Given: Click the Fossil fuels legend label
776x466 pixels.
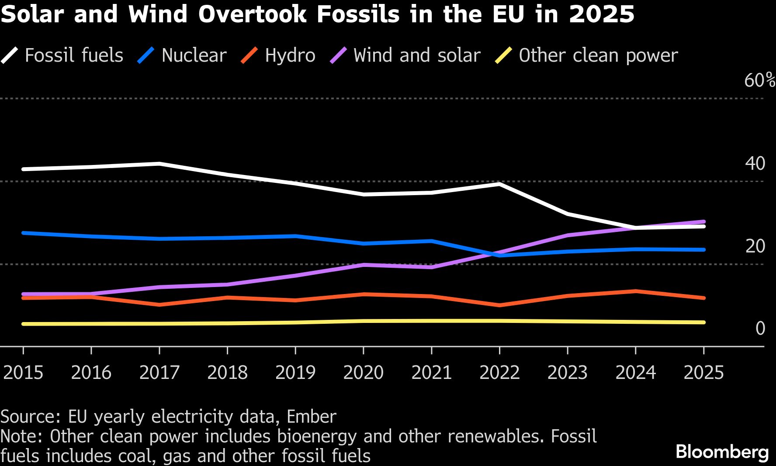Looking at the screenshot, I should (74, 56).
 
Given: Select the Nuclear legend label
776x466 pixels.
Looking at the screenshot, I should (194, 56).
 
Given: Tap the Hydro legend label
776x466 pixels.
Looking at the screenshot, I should (290, 56).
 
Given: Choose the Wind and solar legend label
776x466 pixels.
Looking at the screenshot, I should (417, 56).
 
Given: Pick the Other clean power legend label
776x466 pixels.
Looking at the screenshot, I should (598, 56).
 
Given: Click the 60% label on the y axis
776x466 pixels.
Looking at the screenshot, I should (759, 81).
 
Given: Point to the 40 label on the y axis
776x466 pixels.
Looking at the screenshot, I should (755, 164).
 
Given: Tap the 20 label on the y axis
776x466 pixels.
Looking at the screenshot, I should (755, 246).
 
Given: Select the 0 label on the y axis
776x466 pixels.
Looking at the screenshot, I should (760, 329).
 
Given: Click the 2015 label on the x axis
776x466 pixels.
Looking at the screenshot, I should (23, 373).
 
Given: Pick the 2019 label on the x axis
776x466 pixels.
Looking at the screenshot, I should (295, 373).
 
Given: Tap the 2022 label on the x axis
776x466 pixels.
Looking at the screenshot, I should (499, 373).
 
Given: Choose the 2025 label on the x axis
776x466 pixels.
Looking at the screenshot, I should (703, 373).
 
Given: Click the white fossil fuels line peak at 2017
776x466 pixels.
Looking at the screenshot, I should (159, 164).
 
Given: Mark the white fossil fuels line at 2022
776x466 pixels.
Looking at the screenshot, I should (499, 184).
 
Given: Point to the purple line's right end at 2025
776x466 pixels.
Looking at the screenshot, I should (703, 222).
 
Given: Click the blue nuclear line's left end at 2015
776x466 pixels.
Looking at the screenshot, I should (23, 233).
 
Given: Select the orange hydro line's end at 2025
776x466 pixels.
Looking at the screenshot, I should (703, 298).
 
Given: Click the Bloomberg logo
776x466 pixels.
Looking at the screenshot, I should (722, 452).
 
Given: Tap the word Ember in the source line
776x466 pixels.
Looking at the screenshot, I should (311, 417).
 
